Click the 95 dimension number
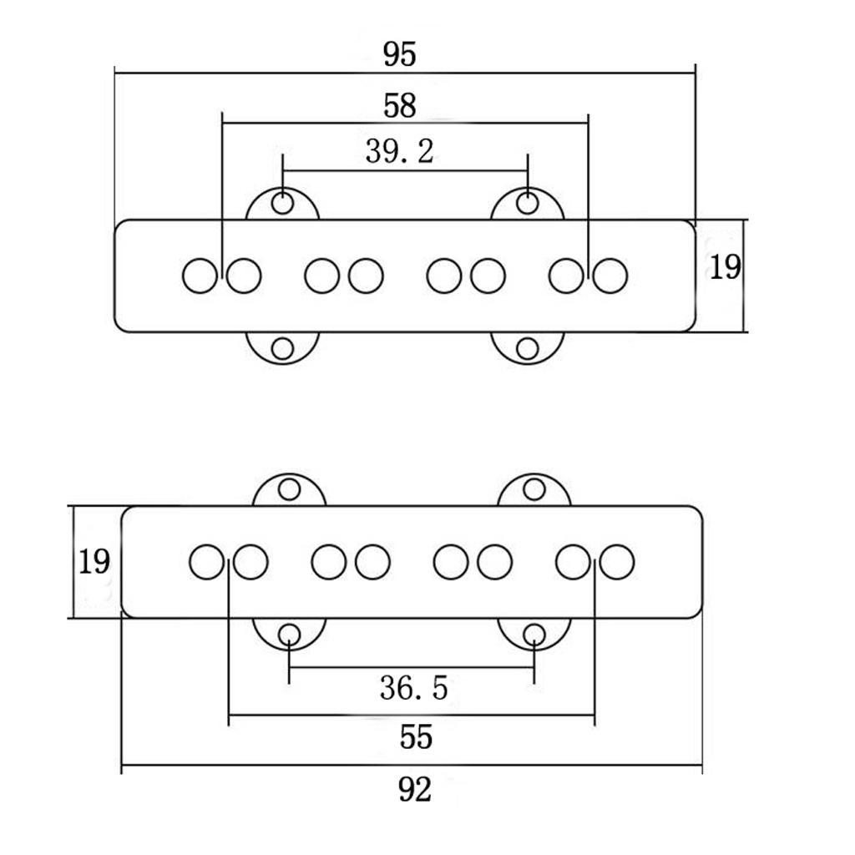[400, 54]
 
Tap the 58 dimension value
[400, 106]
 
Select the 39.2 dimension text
[400, 152]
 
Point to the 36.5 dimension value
[414, 688]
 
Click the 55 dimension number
[416, 737]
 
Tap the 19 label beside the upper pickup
[726, 267]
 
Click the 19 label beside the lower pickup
[94, 562]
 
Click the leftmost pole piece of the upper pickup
[200, 276]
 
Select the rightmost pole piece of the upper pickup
[610, 276]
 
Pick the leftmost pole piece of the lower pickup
[207, 562]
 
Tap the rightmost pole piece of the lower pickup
[617, 562]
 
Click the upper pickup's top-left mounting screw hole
[282, 204]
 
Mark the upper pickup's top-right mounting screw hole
[528, 204]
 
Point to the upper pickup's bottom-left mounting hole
[282, 349]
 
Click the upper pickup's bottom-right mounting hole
[528, 349]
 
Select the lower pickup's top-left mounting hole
[289, 489]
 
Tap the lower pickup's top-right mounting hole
[534, 489]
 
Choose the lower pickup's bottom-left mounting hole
[289, 635]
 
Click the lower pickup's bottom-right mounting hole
[534, 635]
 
